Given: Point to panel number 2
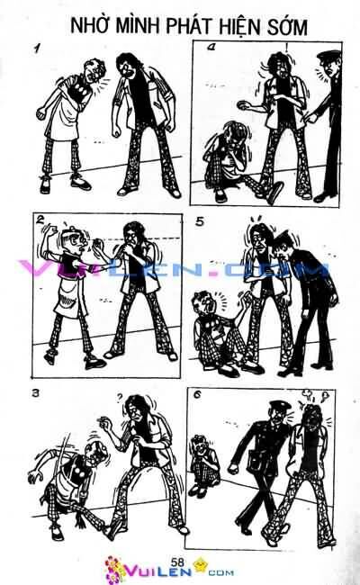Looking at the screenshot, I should tap(39, 219).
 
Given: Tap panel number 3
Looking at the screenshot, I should tap(35, 393).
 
